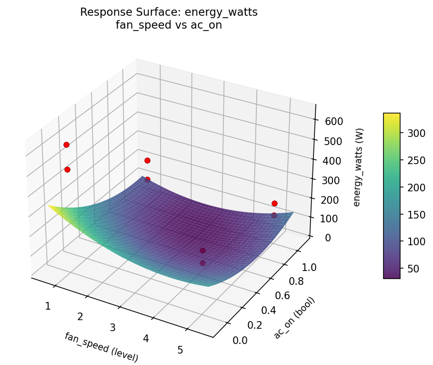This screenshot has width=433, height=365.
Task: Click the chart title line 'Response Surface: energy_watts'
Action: (x=169, y=12)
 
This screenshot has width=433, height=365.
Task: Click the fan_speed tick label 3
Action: (x=113, y=327)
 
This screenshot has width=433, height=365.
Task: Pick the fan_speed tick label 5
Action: (x=180, y=350)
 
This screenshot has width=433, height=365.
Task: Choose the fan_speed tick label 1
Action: (x=48, y=306)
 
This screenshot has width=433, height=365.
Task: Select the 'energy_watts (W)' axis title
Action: (x=357, y=167)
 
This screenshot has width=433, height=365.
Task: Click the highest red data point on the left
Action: (x=66, y=145)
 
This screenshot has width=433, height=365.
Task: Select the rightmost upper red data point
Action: (x=274, y=203)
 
